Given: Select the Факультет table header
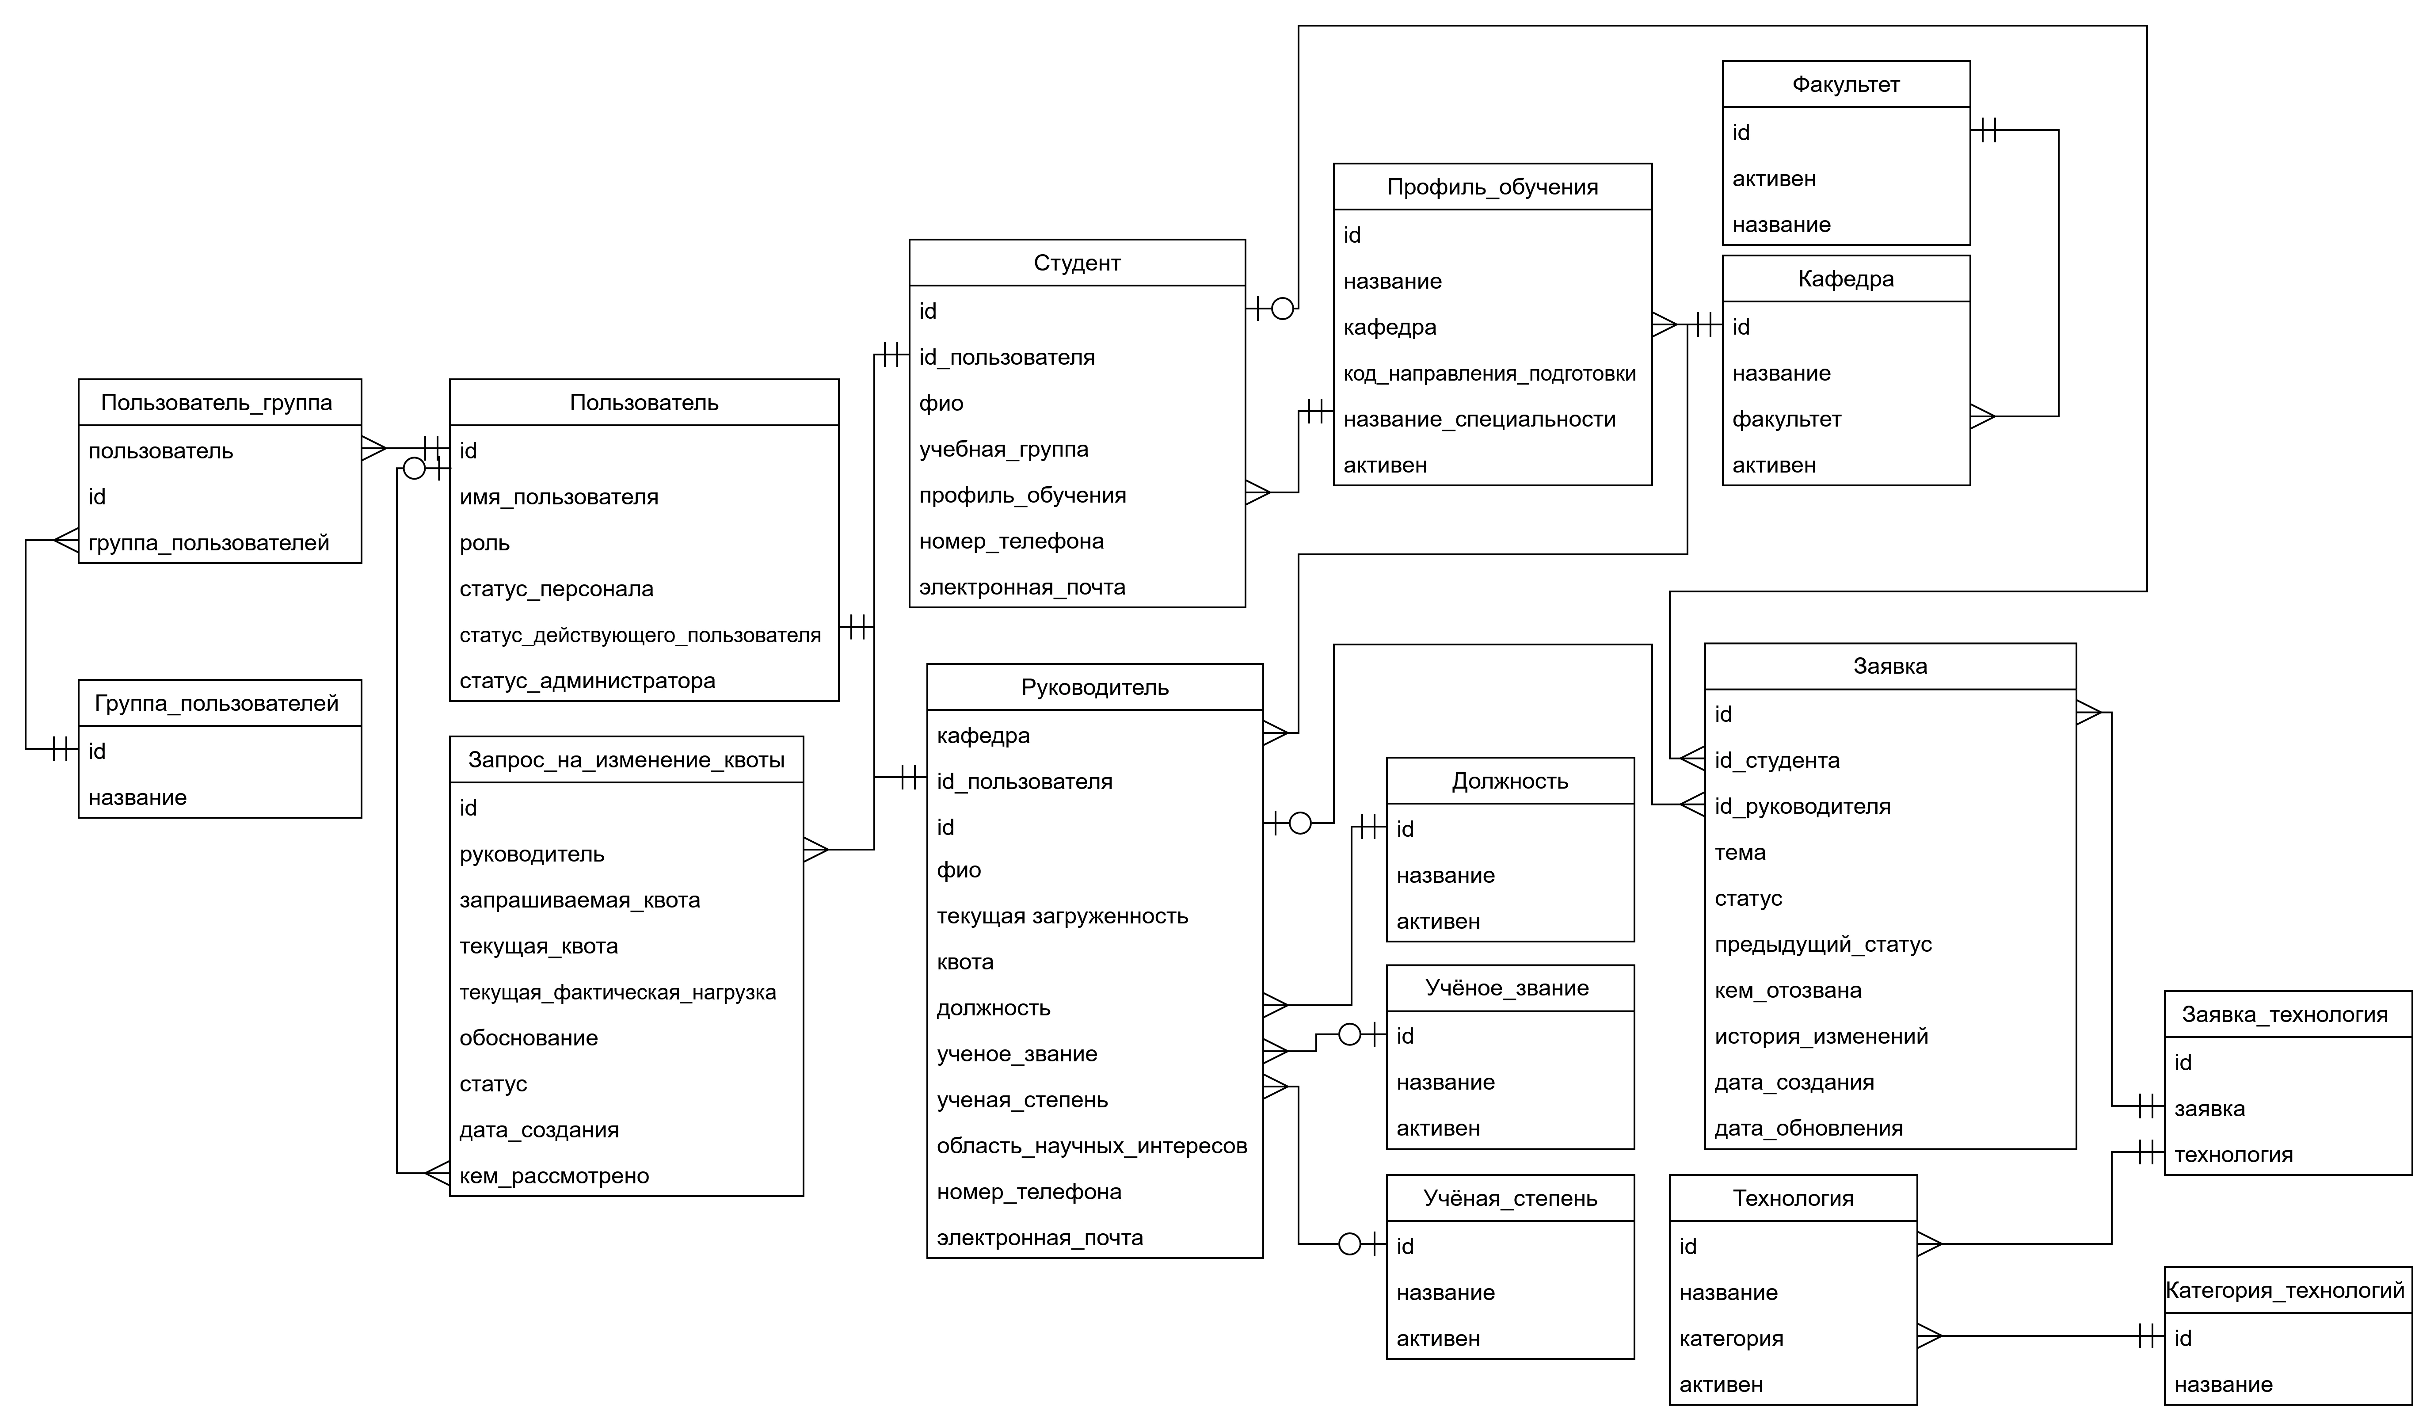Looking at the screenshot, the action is (x=1846, y=84).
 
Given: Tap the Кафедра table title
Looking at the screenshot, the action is (x=1846, y=279).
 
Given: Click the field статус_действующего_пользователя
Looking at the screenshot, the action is (x=640, y=635).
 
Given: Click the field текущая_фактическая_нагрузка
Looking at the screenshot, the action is (x=617, y=992).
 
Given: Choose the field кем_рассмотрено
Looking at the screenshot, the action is (x=554, y=1176).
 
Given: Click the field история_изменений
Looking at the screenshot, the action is (x=1821, y=1036).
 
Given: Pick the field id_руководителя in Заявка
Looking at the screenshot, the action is (x=1802, y=806).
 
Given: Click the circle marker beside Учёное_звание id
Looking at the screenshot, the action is (x=1349, y=1034).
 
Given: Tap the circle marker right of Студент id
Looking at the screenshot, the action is (x=1282, y=309).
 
